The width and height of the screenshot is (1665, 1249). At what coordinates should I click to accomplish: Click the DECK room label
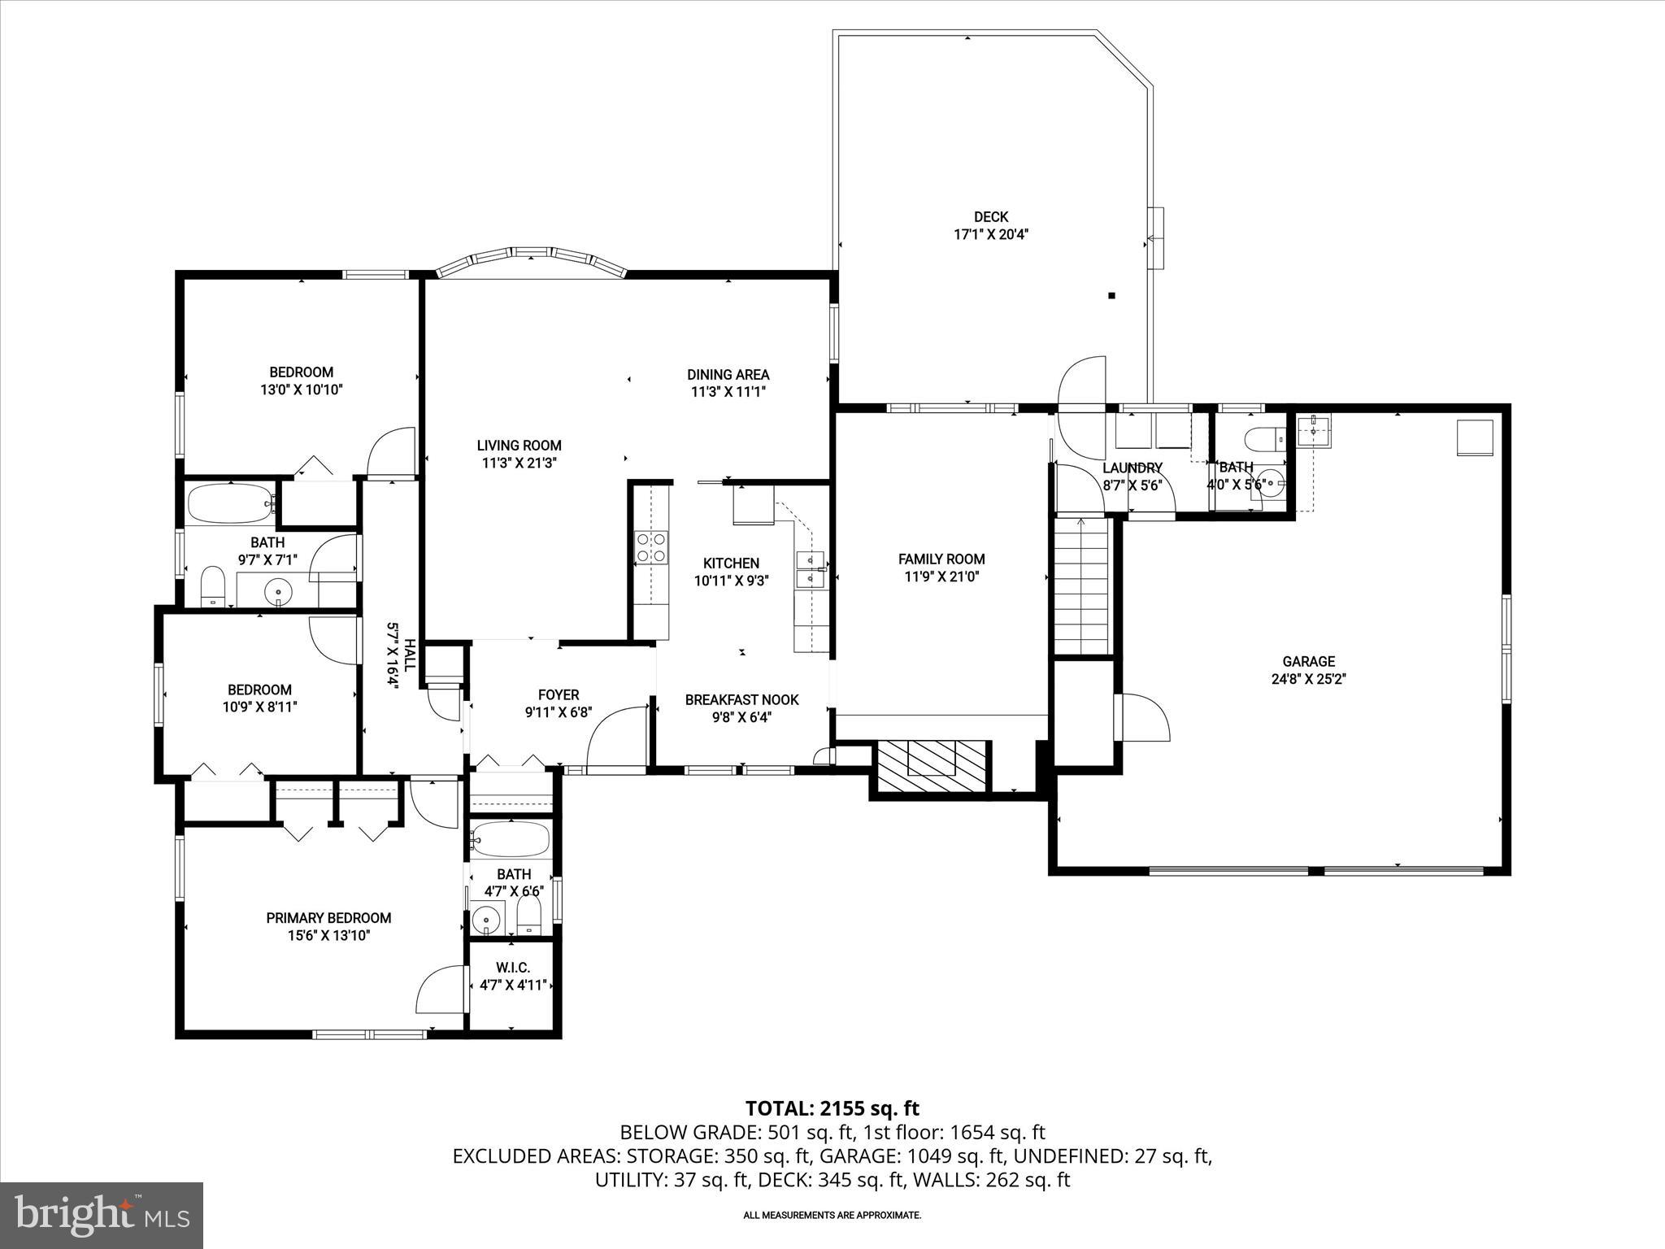point(990,217)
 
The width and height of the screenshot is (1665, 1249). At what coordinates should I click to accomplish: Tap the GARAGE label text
point(1308,662)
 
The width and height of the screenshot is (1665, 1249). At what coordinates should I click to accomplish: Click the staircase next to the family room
point(1081,585)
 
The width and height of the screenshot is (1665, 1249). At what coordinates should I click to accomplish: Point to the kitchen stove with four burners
point(651,546)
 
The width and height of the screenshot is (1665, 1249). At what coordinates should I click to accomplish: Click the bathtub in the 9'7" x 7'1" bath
point(231,503)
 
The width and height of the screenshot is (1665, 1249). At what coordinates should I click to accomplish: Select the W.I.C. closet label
point(512,968)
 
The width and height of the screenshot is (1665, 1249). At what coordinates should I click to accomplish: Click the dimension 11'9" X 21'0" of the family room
point(941,577)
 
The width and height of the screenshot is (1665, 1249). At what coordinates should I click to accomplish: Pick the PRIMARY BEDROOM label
point(328,918)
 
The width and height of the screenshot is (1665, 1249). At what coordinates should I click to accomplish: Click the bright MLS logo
point(102,1215)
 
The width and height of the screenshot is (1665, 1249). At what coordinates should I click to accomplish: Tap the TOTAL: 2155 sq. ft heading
point(832,1108)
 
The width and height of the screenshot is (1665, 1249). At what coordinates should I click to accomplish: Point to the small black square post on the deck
point(1111,296)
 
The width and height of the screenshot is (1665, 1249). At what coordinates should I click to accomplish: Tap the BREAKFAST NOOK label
point(741,699)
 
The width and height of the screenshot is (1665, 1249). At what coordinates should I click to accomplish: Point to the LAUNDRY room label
point(1132,468)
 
